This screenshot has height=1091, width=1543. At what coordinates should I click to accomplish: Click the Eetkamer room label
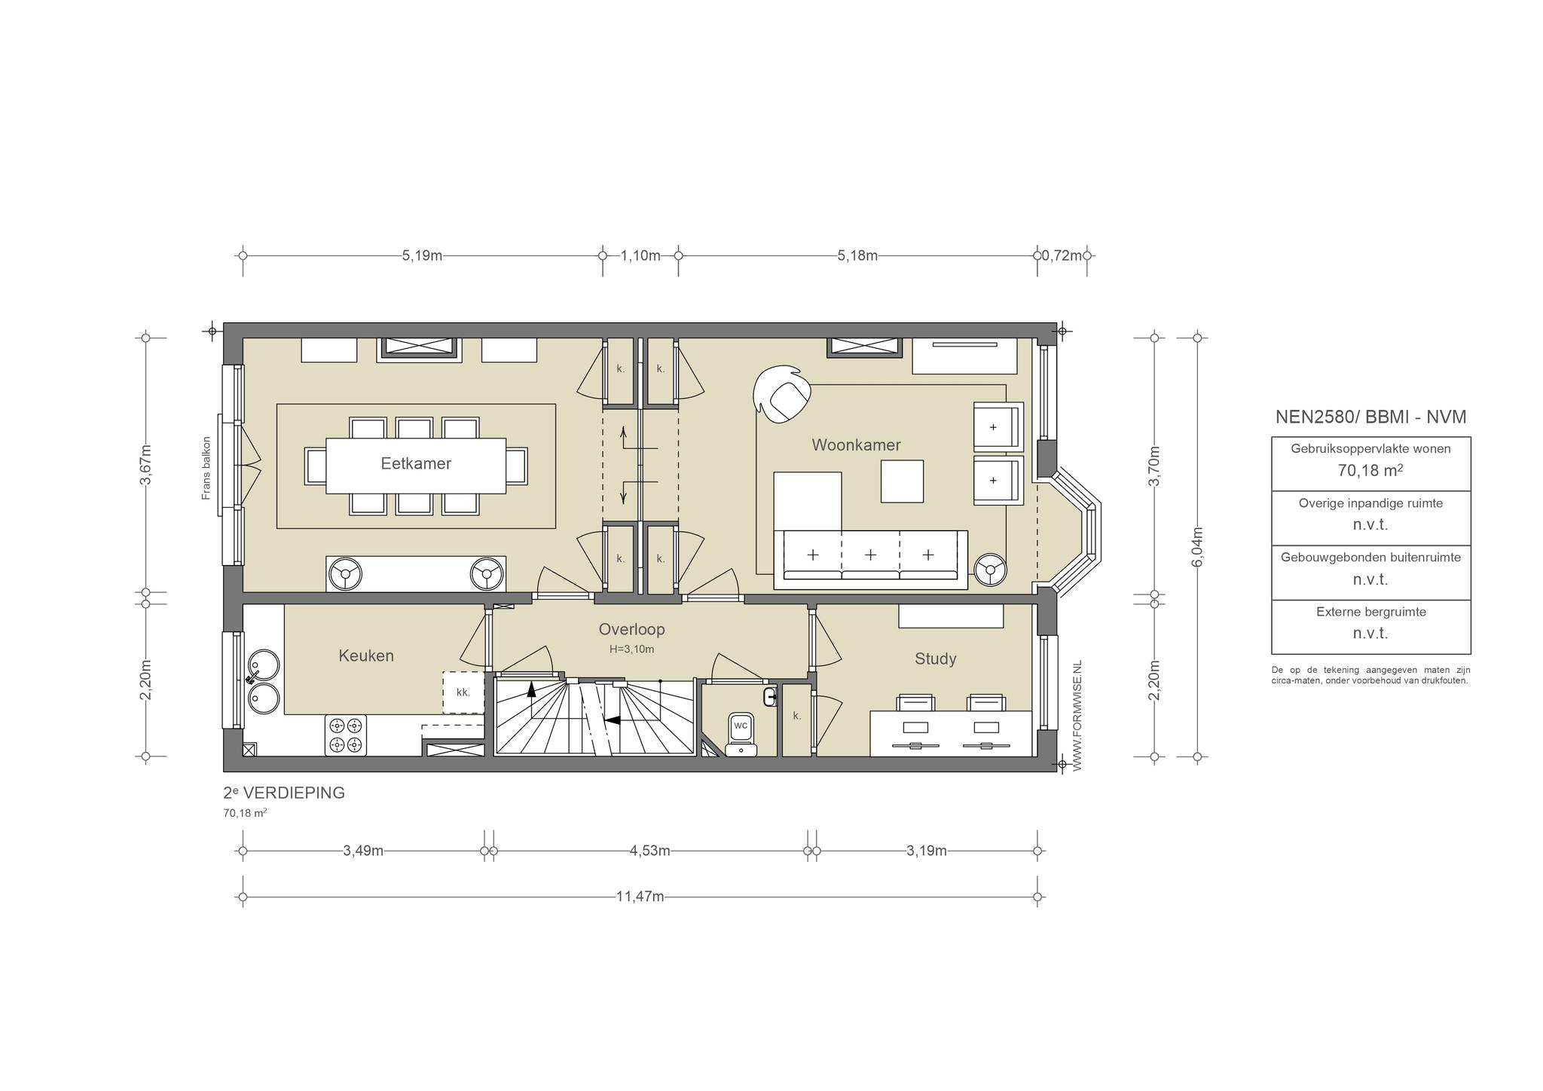point(416,463)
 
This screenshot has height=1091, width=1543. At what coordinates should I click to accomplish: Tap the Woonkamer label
point(856,445)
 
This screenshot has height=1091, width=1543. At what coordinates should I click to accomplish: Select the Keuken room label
point(366,656)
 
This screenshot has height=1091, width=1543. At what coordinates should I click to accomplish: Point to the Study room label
point(935,659)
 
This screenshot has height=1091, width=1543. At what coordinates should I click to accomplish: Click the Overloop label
point(631,629)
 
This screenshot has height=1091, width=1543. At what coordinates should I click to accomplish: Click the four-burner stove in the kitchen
point(345,735)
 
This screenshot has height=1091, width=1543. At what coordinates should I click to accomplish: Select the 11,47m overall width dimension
point(640,897)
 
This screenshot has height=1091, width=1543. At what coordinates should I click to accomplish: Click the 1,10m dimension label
point(640,255)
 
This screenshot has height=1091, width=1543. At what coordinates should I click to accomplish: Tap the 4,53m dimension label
point(649,851)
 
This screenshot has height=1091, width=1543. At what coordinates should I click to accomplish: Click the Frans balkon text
point(206,468)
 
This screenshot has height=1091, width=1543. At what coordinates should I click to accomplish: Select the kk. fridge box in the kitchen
point(463,692)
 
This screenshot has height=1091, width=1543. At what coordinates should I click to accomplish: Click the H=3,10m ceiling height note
point(631,649)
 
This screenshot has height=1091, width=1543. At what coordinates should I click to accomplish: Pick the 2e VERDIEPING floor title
point(284,793)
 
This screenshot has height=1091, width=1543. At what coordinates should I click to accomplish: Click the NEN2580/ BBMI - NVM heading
point(1370,417)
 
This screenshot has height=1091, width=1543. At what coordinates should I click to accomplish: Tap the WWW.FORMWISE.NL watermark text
point(1077,716)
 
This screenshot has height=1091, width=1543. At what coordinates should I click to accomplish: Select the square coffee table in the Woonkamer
point(903,481)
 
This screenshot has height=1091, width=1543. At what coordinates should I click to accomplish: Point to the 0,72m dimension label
point(1062,255)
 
